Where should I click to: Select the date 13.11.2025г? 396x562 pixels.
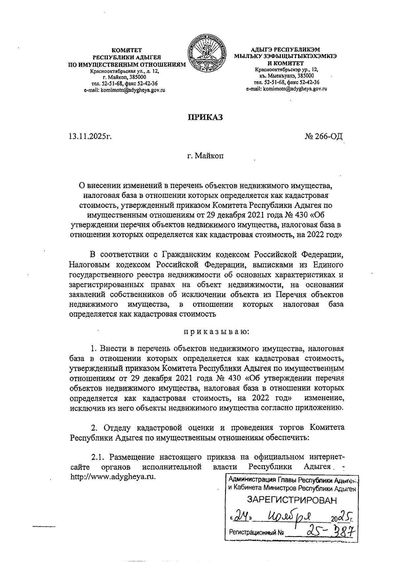pos(89,136)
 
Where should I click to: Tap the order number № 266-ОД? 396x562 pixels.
pos(324,136)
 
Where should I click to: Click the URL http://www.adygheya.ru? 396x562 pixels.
pos(113,477)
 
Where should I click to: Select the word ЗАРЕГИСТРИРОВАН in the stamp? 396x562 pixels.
pos(292,500)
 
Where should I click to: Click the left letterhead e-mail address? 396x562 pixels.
pos(125,90)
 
